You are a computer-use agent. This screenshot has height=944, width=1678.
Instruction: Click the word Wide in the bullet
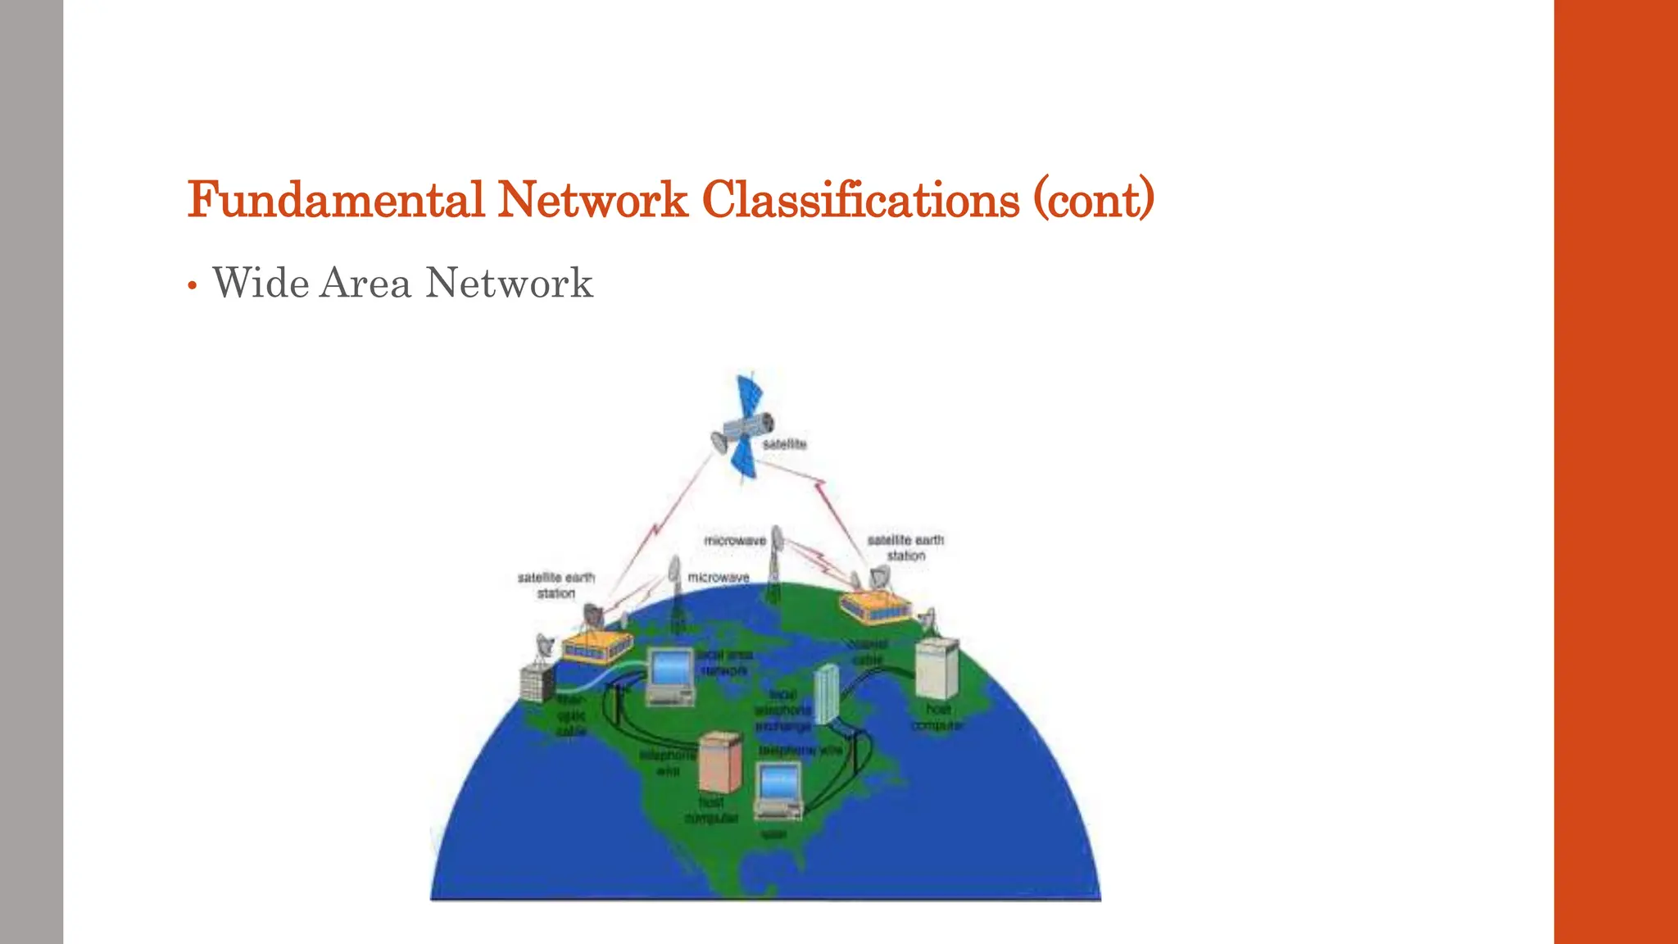point(261,284)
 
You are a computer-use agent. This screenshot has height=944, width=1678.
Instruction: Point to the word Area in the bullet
point(365,284)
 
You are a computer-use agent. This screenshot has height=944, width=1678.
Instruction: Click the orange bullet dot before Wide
point(192,286)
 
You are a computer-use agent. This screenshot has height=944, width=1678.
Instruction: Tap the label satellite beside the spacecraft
point(784,444)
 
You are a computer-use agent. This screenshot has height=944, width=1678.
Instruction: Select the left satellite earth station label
point(556,585)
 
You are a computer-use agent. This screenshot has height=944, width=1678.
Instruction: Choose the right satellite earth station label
point(905,547)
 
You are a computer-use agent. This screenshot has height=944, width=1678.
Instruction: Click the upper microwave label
point(735,541)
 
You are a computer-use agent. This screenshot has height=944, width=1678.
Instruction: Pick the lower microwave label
point(719,578)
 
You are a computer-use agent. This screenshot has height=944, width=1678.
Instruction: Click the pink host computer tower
point(719,762)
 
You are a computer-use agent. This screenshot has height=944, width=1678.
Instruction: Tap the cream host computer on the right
point(936,668)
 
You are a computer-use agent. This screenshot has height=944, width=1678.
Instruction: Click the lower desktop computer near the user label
point(778,789)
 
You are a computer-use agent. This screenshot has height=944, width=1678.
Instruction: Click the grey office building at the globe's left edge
point(537,683)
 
